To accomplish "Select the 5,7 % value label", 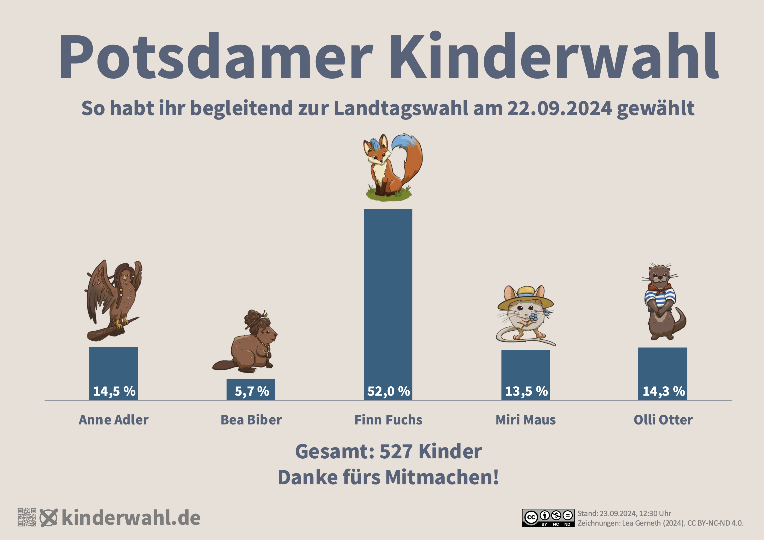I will pos(252,391).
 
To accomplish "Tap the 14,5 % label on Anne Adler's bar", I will pos(114,391).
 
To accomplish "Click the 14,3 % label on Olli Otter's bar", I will pos(663,391).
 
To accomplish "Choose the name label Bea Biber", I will pos(251,420).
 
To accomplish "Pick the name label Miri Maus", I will pos(525,420).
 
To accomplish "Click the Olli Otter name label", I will pos(663,420).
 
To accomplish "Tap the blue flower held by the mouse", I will pos(533,317).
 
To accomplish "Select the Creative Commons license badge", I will pos(548,518).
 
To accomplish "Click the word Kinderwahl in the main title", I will pos(554,57).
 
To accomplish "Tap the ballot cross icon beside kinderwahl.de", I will pos(49,517).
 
